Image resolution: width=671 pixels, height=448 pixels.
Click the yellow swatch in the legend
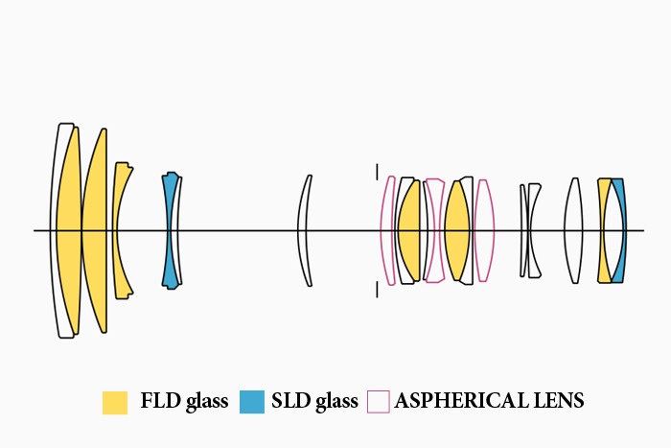(115, 402)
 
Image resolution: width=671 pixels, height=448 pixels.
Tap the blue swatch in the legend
(252, 402)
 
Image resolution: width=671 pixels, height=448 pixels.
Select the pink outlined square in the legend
(379, 402)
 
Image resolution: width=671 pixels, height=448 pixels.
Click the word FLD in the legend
(157, 401)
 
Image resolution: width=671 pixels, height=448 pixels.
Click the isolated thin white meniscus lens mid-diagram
(303, 230)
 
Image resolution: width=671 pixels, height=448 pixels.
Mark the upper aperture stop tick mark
(377, 171)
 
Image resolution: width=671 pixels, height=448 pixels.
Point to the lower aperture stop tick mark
(377, 290)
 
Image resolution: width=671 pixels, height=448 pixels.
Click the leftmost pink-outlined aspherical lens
(386, 230)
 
